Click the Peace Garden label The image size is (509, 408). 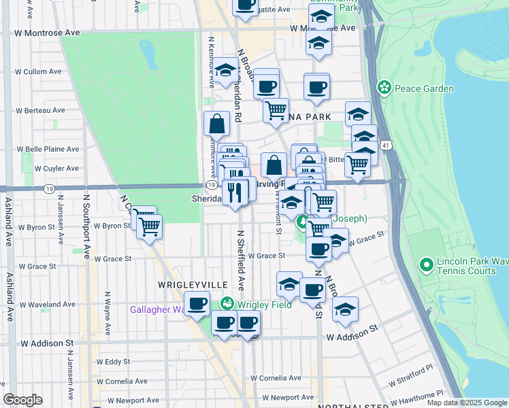(425, 88)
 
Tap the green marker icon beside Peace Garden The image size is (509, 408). (385, 88)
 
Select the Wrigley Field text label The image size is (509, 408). (265, 304)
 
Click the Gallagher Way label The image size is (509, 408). (157, 310)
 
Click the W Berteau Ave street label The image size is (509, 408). (41, 109)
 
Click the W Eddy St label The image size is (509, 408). (113, 361)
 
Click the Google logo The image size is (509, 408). (22, 399)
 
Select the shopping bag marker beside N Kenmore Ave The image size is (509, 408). (216, 124)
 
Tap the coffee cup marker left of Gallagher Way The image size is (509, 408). (197, 303)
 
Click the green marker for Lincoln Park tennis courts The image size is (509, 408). (427, 264)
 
